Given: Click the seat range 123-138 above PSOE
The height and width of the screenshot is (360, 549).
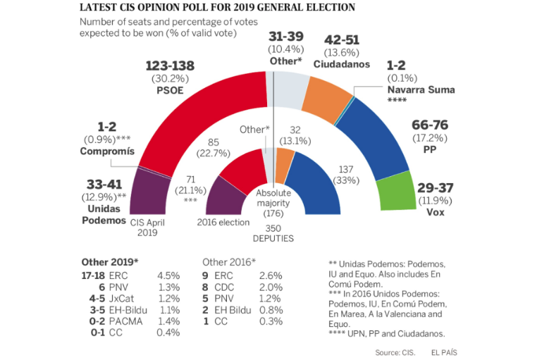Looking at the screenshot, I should point(170,66).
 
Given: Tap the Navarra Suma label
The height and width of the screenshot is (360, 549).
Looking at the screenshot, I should point(421,90).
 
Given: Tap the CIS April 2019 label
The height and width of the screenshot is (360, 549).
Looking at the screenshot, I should point(147,227).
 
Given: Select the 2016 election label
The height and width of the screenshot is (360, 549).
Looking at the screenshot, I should point(223,223).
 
